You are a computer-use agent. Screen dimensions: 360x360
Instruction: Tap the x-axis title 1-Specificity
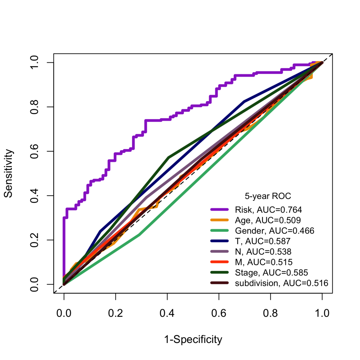click(x=193, y=340)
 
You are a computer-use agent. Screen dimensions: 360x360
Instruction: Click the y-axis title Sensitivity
click(x=9, y=173)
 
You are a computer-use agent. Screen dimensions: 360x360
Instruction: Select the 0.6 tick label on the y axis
click(x=34, y=151)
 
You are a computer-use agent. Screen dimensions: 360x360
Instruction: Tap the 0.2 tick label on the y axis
click(x=34, y=240)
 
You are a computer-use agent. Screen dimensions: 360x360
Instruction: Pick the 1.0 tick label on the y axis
click(x=34, y=63)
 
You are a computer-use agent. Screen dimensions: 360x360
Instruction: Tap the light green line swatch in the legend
click(x=219, y=230)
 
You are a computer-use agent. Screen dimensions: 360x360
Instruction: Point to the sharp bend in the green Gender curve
click(x=139, y=235)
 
